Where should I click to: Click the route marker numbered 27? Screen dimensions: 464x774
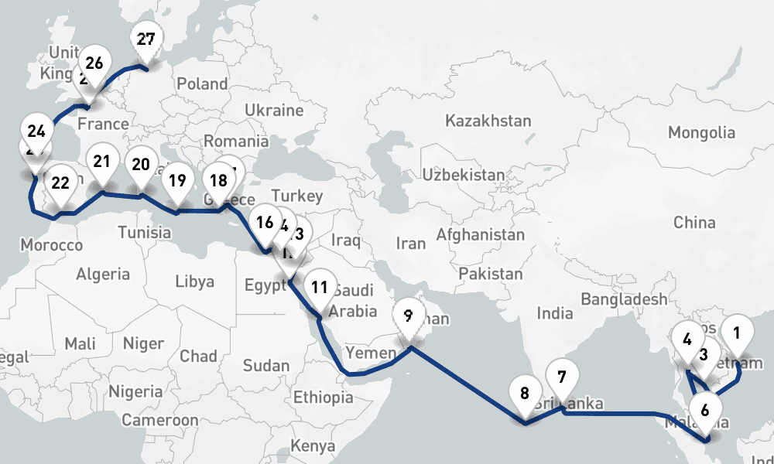click(146, 40)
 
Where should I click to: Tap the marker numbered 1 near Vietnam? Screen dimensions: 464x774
click(736, 333)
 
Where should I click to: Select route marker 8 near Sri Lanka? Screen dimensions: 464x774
click(525, 393)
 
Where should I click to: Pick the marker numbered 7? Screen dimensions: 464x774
click(562, 377)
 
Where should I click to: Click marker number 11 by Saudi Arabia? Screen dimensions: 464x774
click(319, 287)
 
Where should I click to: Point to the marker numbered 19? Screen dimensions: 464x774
click(177, 181)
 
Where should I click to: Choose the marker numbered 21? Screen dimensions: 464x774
click(101, 162)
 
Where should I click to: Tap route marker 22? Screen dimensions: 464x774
click(60, 183)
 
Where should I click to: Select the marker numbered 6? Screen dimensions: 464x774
click(704, 410)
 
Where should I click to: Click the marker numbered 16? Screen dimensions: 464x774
click(265, 223)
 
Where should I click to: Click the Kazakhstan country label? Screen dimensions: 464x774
click(488, 121)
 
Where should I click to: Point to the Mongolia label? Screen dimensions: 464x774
click(700, 132)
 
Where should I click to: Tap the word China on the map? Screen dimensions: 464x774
click(694, 223)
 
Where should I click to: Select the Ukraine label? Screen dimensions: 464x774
click(273, 110)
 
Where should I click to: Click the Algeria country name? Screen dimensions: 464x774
click(103, 274)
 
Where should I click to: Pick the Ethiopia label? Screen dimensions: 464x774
click(323, 397)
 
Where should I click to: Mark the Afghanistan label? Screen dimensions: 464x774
click(481, 234)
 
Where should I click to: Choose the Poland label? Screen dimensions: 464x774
click(202, 84)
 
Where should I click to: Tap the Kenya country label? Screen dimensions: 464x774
click(313, 446)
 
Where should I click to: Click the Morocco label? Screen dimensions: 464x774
click(51, 244)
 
